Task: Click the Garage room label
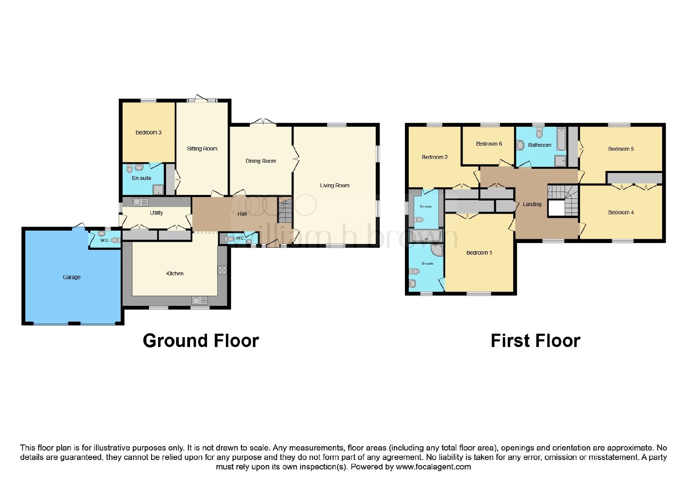(71, 277)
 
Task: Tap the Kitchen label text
(175, 273)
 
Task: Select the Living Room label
(334, 185)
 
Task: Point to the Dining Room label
(261, 161)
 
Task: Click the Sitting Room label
(202, 149)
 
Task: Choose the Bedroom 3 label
(149, 132)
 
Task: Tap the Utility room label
(156, 213)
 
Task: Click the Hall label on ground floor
(242, 213)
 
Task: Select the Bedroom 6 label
(489, 143)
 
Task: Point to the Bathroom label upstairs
(539, 145)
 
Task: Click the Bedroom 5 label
(621, 149)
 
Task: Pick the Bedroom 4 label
(621, 212)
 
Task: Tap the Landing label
(532, 204)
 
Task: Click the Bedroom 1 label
(479, 253)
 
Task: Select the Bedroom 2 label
(435, 157)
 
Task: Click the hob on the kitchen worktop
(222, 270)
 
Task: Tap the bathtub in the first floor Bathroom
(561, 139)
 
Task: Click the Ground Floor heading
(201, 341)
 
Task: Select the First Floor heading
(535, 341)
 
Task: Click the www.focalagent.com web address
(433, 466)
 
